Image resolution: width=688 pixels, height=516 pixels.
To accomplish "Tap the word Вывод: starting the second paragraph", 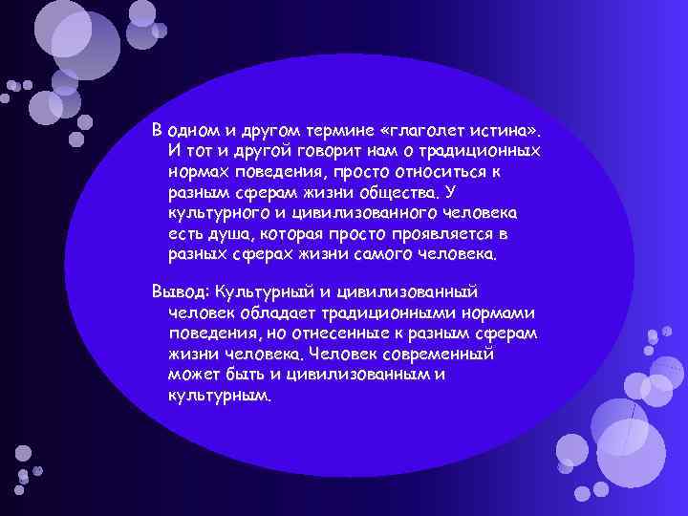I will point(182,291).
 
